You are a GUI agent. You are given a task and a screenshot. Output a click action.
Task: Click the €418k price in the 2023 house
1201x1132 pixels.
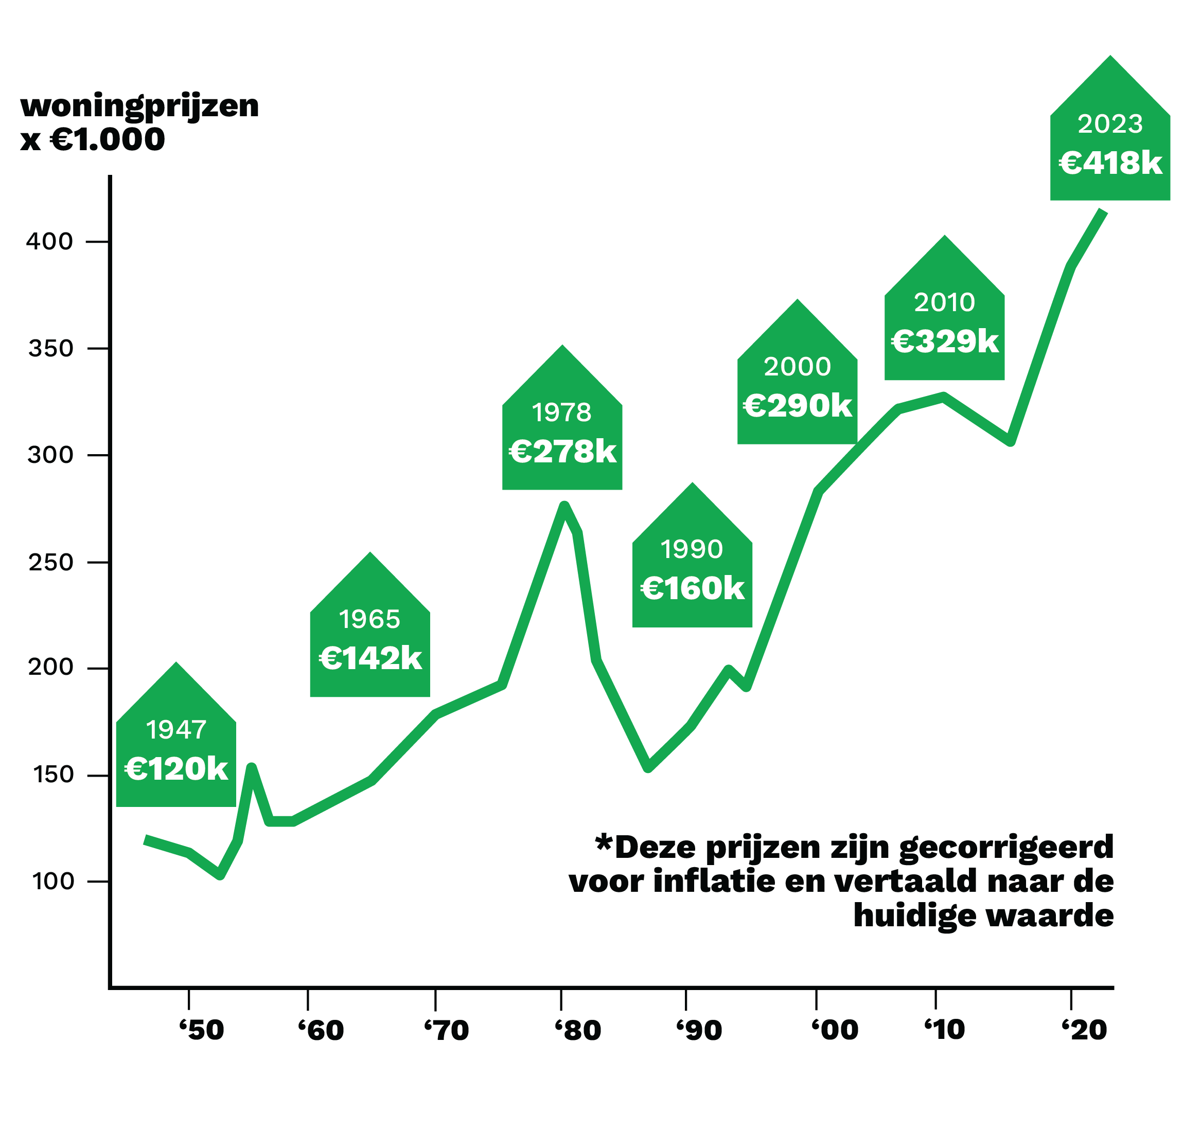(x=1110, y=163)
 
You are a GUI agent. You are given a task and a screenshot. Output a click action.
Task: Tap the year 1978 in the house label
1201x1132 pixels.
(x=562, y=413)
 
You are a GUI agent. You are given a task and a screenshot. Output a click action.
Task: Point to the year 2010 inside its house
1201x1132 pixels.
(x=944, y=302)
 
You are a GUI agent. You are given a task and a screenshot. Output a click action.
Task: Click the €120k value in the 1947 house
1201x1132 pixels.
(x=176, y=769)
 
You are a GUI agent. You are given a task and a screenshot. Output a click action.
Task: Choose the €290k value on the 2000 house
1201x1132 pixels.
(x=798, y=406)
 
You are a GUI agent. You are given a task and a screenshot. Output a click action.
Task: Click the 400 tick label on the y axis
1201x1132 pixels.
(x=49, y=242)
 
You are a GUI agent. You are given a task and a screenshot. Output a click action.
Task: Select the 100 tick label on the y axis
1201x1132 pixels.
(x=52, y=882)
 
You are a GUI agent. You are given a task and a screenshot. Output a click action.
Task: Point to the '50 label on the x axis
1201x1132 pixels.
(x=202, y=1030)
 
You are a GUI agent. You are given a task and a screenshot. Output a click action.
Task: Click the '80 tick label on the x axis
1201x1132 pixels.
(x=578, y=1030)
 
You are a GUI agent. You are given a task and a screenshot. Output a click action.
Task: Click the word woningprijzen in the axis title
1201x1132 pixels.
(x=139, y=107)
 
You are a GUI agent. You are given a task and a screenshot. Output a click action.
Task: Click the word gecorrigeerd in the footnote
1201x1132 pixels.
(x=1006, y=848)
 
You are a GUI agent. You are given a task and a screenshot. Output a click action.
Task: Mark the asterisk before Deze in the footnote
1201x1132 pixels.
(x=604, y=842)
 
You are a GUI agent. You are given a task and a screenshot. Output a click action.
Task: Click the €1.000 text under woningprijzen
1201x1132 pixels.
(x=108, y=140)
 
